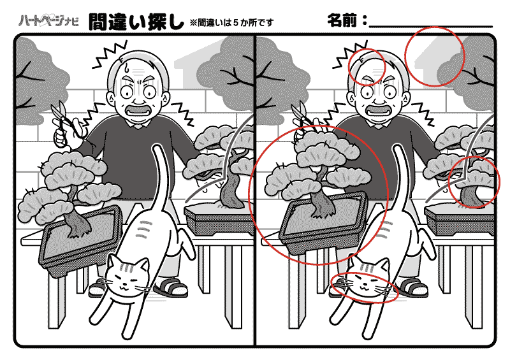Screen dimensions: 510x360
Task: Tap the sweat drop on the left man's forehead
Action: (126, 68)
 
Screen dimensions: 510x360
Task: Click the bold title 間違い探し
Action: (136, 22)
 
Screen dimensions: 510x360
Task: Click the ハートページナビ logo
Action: (48, 21)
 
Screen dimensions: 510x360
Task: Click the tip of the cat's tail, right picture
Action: (397, 147)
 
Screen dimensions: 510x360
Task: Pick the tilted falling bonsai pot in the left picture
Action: (80, 241)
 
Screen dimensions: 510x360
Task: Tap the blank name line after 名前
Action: (431, 25)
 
